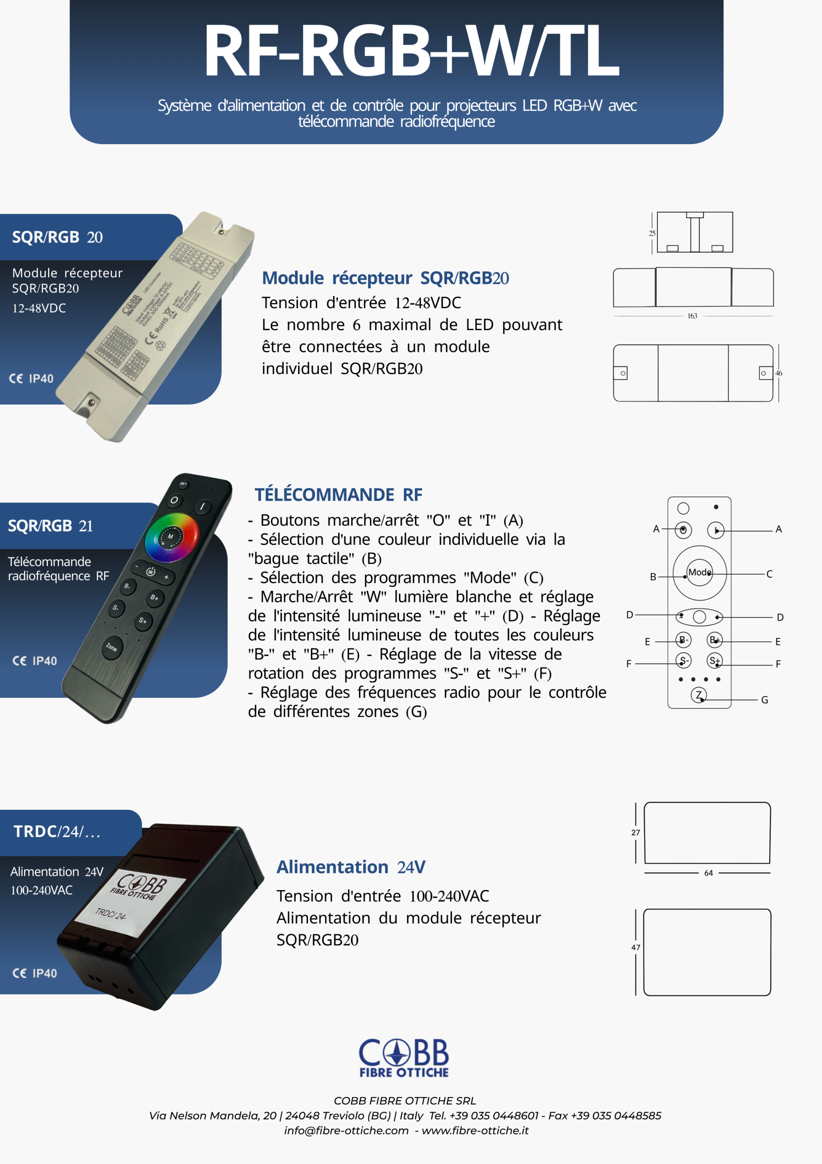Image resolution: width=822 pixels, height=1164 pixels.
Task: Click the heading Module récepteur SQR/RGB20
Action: pyautogui.click(x=385, y=278)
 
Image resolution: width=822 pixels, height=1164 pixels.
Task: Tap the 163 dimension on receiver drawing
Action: pyautogui.click(x=692, y=316)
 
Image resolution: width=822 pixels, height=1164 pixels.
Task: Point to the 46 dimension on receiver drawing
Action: pyautogui.click(x=778, y=373)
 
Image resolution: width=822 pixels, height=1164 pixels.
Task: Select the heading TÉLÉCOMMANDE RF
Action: pyautogui.click(x=338, y=494)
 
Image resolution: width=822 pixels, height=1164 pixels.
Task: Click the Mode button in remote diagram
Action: pyautogui.click(x=699, y=572)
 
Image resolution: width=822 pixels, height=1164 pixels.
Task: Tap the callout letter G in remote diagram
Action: pyautogui.click(x=765, y=700)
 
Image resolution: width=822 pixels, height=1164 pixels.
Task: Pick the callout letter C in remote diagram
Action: pyautogui.click(x=769, y=574)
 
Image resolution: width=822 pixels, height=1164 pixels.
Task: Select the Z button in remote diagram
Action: pyautogui.click(x=699, y=695)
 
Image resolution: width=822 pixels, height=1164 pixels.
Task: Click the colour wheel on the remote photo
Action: pyautogui.click(x=171, y=537)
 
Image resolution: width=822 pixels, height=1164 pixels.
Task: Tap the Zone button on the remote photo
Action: pyautogui.click(x=112, y=647)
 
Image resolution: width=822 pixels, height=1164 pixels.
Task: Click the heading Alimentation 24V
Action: pyautogui.click(x=351, y=867)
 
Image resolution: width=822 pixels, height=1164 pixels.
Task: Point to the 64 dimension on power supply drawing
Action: pyautogui.click(x=708, y=873)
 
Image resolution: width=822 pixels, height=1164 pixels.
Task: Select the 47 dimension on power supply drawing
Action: pyautogui.click(x=636, y=948)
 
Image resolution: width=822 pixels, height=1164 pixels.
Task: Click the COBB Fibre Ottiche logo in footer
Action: pyautogui.click(x=404, y=1058)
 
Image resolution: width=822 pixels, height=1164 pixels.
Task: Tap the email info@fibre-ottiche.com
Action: pyautogui.click(x=346, y=1130)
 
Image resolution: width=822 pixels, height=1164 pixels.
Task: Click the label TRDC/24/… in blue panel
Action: pyautogui.click(x=57, y=832)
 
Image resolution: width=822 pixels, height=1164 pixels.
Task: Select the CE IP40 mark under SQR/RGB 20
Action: pyautogui.click(x=31, y=379)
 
